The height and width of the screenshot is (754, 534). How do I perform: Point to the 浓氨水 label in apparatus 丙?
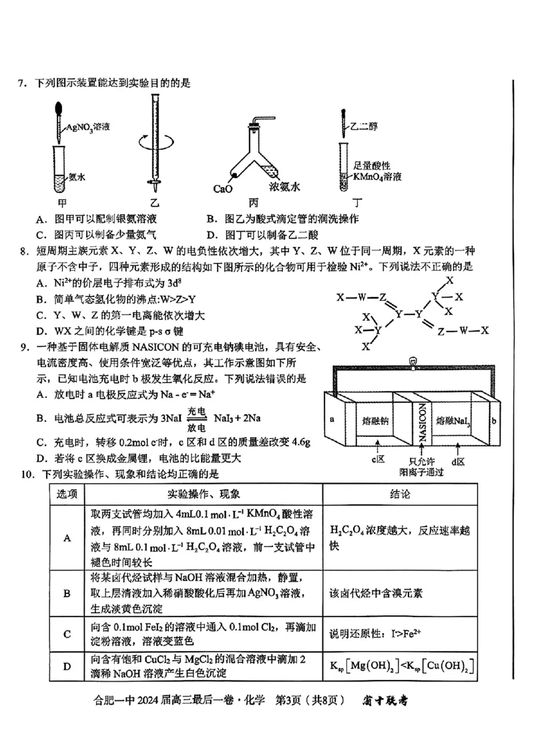point(284,187)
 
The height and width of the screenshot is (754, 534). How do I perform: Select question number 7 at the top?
point(22,83)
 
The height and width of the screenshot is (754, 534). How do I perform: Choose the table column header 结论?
point(400,494)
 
